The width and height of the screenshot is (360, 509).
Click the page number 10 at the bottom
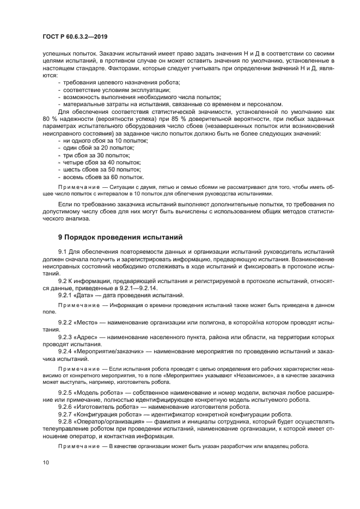[x=46, y=462]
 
